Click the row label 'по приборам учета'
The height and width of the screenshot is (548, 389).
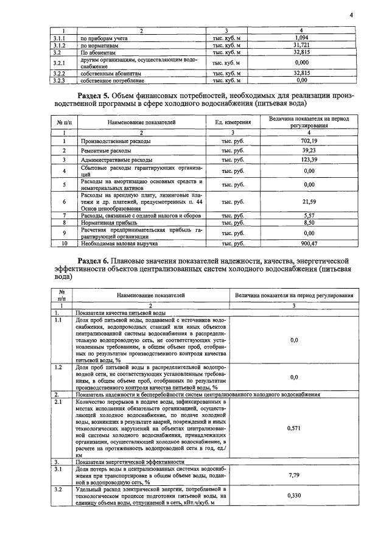[x=103, y=38]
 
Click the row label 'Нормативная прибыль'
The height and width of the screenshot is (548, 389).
[x=110, y=223]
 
